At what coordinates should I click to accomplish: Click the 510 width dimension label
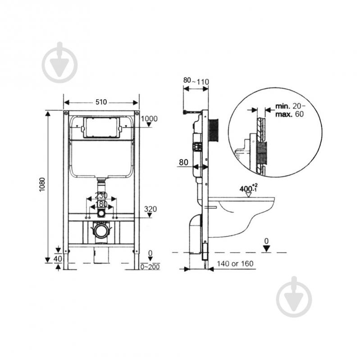point(101,102)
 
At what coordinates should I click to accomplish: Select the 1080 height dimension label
point(42,185)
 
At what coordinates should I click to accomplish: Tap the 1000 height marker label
point(149,118)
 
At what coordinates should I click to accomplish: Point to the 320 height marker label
point(150,209)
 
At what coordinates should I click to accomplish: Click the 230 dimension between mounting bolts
point(101,196)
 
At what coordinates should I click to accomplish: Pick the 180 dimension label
point(101,204)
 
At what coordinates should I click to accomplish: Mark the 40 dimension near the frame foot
point(58,259)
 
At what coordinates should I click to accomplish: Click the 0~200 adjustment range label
point(150,267)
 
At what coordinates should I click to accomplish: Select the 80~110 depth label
point(196,81)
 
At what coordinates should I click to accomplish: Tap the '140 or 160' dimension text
point(235,264)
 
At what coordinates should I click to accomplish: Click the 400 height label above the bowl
point(248,188)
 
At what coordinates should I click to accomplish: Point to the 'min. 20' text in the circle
point(290,106)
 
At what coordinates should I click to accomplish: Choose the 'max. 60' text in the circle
point(289,114)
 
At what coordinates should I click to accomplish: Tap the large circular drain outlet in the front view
point(101,231)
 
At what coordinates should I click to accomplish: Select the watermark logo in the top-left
point(59,63)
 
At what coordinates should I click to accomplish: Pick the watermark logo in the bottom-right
point(294,297)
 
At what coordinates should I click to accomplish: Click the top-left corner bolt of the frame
point(66,113)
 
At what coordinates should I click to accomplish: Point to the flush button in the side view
point(214,130)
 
